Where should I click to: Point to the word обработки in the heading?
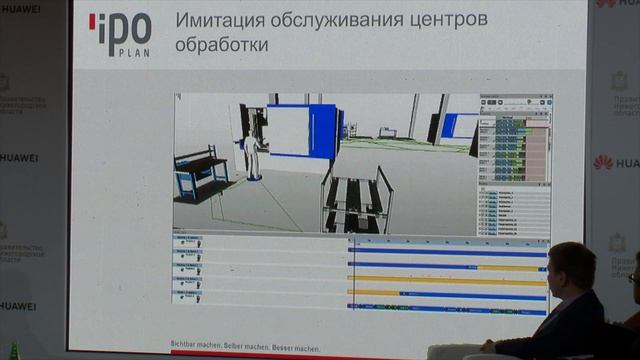221,47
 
